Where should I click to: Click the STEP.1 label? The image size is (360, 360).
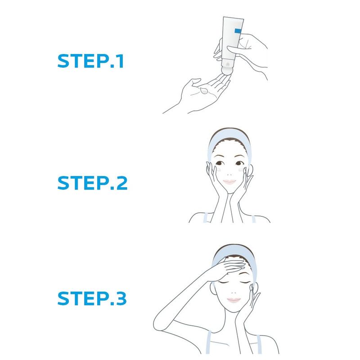[x=90, y=61]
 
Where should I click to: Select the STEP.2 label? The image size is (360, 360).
[x=92, y=183]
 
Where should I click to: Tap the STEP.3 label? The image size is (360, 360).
[x=92, y=298]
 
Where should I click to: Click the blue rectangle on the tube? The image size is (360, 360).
[x=238, y=31]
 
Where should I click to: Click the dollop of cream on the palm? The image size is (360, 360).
[x=204, y=91]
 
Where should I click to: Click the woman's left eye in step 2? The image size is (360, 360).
[x=239, y=163]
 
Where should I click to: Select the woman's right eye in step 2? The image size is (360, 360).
[x=219, y=163]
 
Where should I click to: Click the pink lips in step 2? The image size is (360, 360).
[x=229, y=182]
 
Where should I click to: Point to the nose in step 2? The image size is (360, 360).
[x=229, y=175]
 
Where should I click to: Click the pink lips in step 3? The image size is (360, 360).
[x=234, y=300]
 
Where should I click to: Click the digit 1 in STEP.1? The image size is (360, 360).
[x=120, y=61]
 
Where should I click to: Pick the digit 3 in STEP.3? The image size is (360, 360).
[x=121, y=298]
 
